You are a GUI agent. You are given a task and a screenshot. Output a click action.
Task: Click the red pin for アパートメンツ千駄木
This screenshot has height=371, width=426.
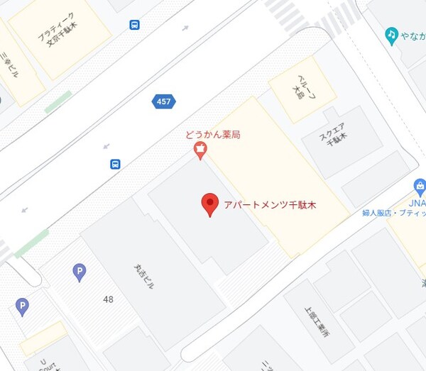point(209,203)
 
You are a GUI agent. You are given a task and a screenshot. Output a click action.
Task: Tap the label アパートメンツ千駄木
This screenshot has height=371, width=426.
point(269,205)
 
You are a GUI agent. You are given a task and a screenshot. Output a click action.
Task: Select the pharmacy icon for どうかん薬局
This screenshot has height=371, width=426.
point(201,149)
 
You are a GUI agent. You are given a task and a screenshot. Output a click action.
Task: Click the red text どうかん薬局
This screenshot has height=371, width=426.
point(212,135)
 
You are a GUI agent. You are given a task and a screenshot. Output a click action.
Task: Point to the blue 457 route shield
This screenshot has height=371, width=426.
point(163,102)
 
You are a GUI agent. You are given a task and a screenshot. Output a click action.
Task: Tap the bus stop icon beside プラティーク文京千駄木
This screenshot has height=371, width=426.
point(134,26)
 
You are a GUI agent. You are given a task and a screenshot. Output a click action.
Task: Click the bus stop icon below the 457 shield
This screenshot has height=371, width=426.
point(115,164)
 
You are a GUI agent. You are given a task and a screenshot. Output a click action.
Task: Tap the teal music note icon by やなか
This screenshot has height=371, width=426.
point(390,34)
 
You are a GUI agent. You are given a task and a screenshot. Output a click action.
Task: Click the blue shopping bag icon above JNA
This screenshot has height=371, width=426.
point(420,187)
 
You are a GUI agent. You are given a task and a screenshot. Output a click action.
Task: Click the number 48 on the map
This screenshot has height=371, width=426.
point(108,299)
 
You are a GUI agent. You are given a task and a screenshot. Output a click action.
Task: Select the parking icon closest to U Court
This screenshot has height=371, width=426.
point(23,306)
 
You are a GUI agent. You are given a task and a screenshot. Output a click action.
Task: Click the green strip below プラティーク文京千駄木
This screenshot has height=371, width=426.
point(58,101)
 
